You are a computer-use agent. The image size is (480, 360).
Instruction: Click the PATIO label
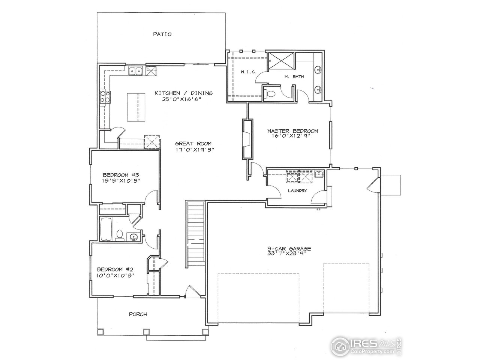pyautogui.click(x=162, y=34)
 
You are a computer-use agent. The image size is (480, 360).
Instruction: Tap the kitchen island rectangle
pyautogui.click(x=135, y=107)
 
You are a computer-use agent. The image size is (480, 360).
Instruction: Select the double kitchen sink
pyautogui.click(x=135, y=71)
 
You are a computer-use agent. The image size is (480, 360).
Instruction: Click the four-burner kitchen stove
pyautogui.click(x=105, y=97)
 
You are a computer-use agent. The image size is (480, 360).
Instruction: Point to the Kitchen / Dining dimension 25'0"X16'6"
pyautogui.click(x=184, y=99)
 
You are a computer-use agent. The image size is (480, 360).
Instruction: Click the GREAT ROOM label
pyautogui.click(x=193, y=143)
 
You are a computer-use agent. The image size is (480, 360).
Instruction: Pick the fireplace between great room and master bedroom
pyautogui.click(x=247, y=139)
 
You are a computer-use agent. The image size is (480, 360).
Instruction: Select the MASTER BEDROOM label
pyautogui.click(x=292, y=131)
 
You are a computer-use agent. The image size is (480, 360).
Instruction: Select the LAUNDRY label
pyautogui.click(x=297, y=190)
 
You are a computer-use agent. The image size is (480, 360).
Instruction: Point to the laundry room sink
pyautogui.click(x=319, y=174)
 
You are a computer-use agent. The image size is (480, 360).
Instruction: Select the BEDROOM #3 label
pyautogui.click(x=121, y=175)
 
